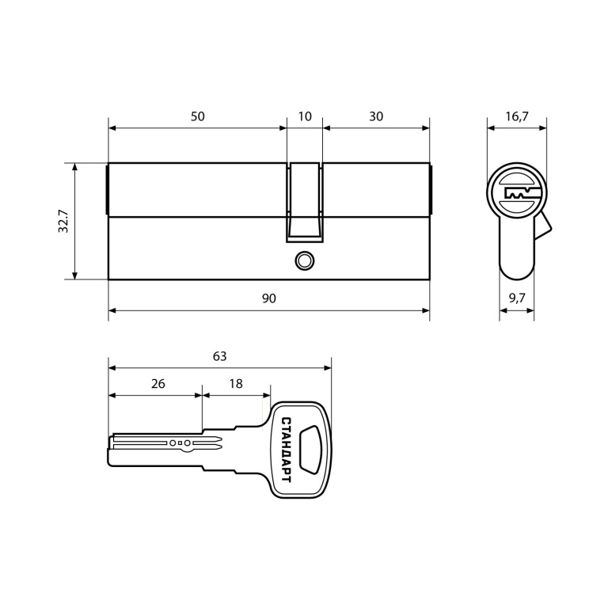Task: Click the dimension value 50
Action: click(197, 116)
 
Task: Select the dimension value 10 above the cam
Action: click(305, 116)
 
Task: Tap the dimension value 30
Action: click(376, 116)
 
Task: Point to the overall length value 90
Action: click(268, 298)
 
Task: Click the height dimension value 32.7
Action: click(63, 221)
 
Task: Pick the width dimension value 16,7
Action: click(516, 116)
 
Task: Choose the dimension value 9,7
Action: click(517, 298)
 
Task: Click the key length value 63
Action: click(219, 356)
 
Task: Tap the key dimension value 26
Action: click(158, 383)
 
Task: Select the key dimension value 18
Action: click(236, 383)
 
